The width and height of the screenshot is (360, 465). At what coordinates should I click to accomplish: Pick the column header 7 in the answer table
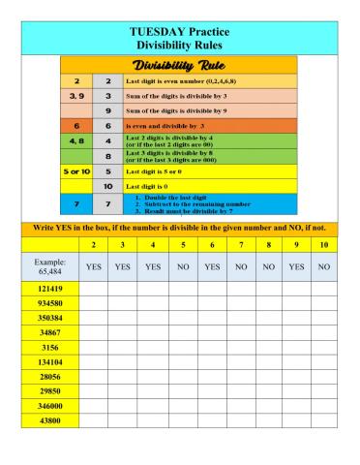(241, 245)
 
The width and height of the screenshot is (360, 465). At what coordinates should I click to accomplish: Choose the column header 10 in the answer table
(324, 245)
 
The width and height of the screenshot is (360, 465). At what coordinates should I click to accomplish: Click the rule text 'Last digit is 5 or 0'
(160, 170)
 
